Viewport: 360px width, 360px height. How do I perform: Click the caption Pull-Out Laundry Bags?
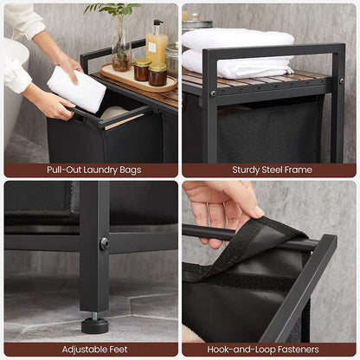pyautogui.click(x=90, y=170)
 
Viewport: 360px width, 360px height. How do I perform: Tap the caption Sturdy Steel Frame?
pyautogui.click(x=271, y=170)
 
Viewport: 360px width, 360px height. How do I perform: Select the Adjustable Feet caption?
pyautogui.click(x=90, y=349)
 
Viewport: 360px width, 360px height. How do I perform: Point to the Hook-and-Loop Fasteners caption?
pyautogui.click(x=271, y=349)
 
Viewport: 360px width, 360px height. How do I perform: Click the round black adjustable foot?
pyautogui.click(x=94, y=325)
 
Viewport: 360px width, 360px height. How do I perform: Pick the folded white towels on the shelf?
pyautogui.click(x=238, y=54)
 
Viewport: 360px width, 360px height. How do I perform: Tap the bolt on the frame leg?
pyautogui.click(x=105, y=244)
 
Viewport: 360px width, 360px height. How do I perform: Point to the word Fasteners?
pyautogui.click(x=295, y=349)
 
